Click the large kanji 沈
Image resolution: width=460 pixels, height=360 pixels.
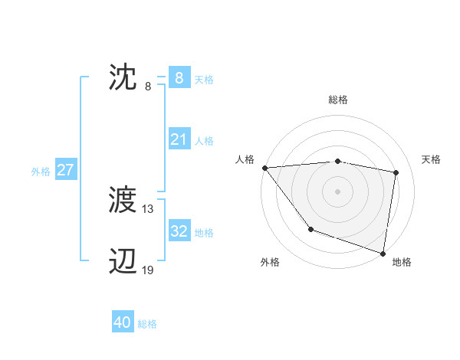tap(123, 79)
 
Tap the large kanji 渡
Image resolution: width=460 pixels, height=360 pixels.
tap(123, 201)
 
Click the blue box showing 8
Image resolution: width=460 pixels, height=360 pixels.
tap(179, 78)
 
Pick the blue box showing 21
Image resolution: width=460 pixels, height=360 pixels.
tap(179, 139)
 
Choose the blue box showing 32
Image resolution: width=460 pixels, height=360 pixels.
tap(179, 231)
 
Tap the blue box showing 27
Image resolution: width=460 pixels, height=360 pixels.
tap(65, 170)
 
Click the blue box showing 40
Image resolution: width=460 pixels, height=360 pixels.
tap(123, 322)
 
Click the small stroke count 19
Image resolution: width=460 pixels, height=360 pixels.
tap(148, 270)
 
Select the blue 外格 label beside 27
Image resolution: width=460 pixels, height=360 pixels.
tap(41, 172)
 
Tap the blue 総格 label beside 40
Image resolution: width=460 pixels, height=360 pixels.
tap(147, 324)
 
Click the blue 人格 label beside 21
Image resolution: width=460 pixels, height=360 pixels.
tap(204, 141)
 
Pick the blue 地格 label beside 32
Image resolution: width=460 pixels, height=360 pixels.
tap(204, 232)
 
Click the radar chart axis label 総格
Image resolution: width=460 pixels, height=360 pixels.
tap(338, 100)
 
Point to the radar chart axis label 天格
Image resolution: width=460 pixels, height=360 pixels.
tap(432, 159)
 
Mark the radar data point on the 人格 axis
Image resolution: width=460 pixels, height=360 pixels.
tap(264, 168)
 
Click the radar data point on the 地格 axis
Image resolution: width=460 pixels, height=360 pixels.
tap(383, 252)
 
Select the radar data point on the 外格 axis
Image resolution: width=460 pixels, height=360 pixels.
tap(310, 228)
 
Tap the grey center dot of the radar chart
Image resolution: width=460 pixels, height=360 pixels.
tap(337, 191)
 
